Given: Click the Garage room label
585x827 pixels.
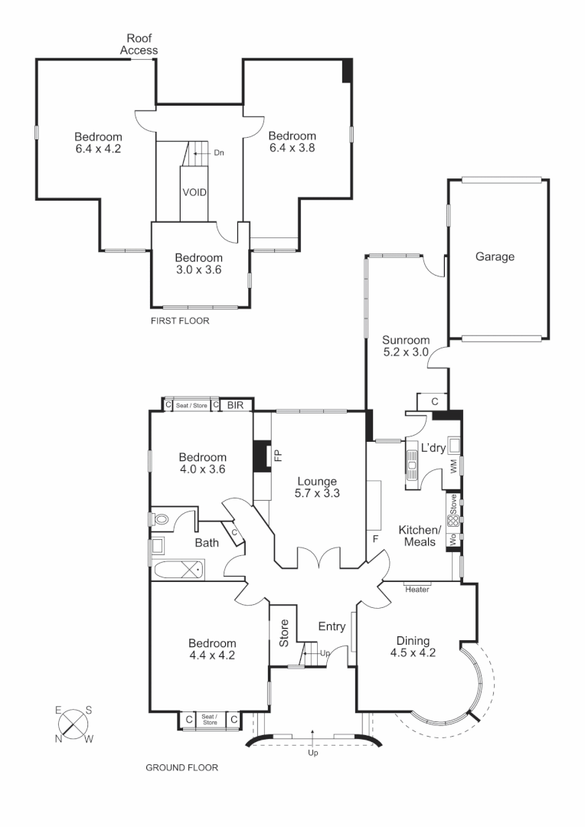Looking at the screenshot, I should click(494, 257).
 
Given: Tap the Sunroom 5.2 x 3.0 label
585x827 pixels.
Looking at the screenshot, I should click(406, 346).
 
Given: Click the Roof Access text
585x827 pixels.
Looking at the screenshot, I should click(139, 44).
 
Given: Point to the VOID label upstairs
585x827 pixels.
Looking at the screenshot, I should click(194, 192).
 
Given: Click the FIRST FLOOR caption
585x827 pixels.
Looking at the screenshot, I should click(180, 321).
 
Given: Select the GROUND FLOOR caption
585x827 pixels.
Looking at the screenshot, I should click(181, 767).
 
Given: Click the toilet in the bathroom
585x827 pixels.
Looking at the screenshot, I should click(162, 519).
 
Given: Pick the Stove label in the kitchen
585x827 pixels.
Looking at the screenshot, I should click(453, 504).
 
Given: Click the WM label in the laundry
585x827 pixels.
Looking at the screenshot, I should click(454, 465).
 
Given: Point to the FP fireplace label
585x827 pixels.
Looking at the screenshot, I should click(278, 455).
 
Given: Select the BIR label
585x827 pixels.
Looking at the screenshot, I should click(235, 405).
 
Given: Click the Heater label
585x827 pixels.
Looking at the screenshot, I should click(417, 589).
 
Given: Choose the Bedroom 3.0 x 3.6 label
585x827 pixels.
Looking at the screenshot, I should click(198, 263).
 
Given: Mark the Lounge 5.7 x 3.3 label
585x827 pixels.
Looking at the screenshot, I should click(316, 487).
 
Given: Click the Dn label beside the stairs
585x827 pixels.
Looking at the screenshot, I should click(218, 152).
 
